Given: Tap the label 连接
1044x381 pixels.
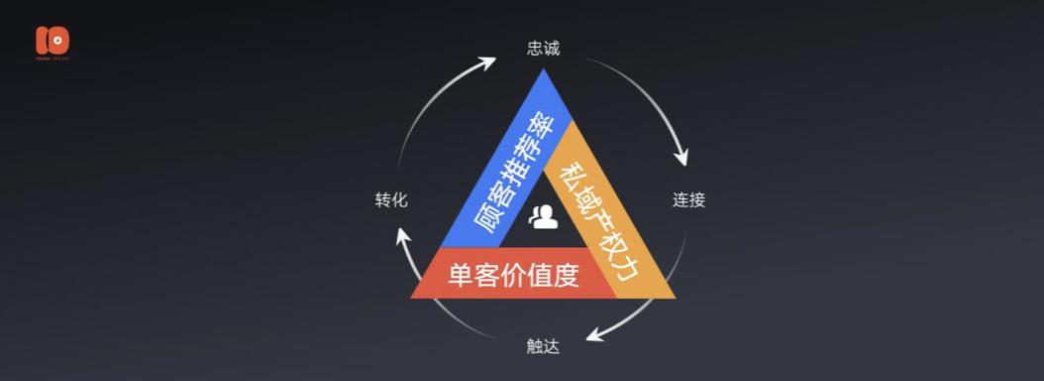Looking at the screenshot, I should pyautogui.click(x=688, y=199).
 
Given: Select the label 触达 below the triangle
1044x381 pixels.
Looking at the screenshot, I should pyautogui.click(x=543, y=346).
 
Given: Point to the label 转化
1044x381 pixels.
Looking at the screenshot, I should pyautogui.click(x=390, y=199).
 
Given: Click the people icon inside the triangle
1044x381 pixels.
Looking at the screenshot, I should pyautogui.click(x=544, y=216).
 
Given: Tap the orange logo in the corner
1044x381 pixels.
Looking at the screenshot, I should pyautogui.click(x=52, y=42).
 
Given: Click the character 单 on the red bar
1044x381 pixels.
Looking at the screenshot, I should pyautogui.click(x=461, y=275).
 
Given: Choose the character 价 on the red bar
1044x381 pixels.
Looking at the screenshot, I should pyautogui.click(x=513, y=275).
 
